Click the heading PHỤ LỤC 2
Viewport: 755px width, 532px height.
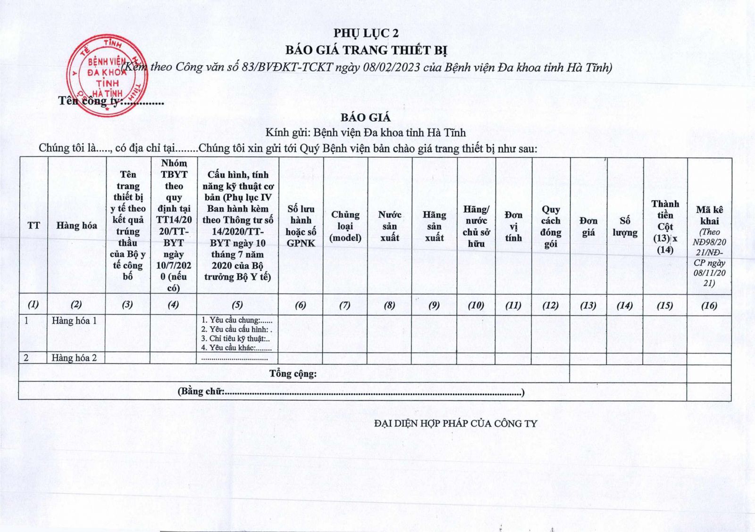coord(366,33)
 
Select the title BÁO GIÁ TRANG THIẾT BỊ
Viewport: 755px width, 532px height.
coord(366,50)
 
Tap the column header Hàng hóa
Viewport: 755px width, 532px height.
coord(76,226)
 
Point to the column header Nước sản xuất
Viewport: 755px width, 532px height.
coord(390,226)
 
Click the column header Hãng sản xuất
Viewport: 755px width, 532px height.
coord(434,226)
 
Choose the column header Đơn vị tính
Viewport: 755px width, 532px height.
coord(513,226)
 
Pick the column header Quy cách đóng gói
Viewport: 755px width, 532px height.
coord(551,226)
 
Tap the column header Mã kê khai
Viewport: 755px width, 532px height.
coord(709,216)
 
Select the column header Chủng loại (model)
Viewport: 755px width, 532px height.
coord(345,226)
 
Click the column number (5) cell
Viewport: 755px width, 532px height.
coord(237,305)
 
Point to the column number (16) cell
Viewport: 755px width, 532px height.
coord(709,305)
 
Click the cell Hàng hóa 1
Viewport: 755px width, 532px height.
coord(74,321)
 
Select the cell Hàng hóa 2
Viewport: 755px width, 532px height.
coord(74,358)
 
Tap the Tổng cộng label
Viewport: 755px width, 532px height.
coord(293,374)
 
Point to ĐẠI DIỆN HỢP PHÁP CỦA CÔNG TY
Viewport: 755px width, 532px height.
coord(455,424)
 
